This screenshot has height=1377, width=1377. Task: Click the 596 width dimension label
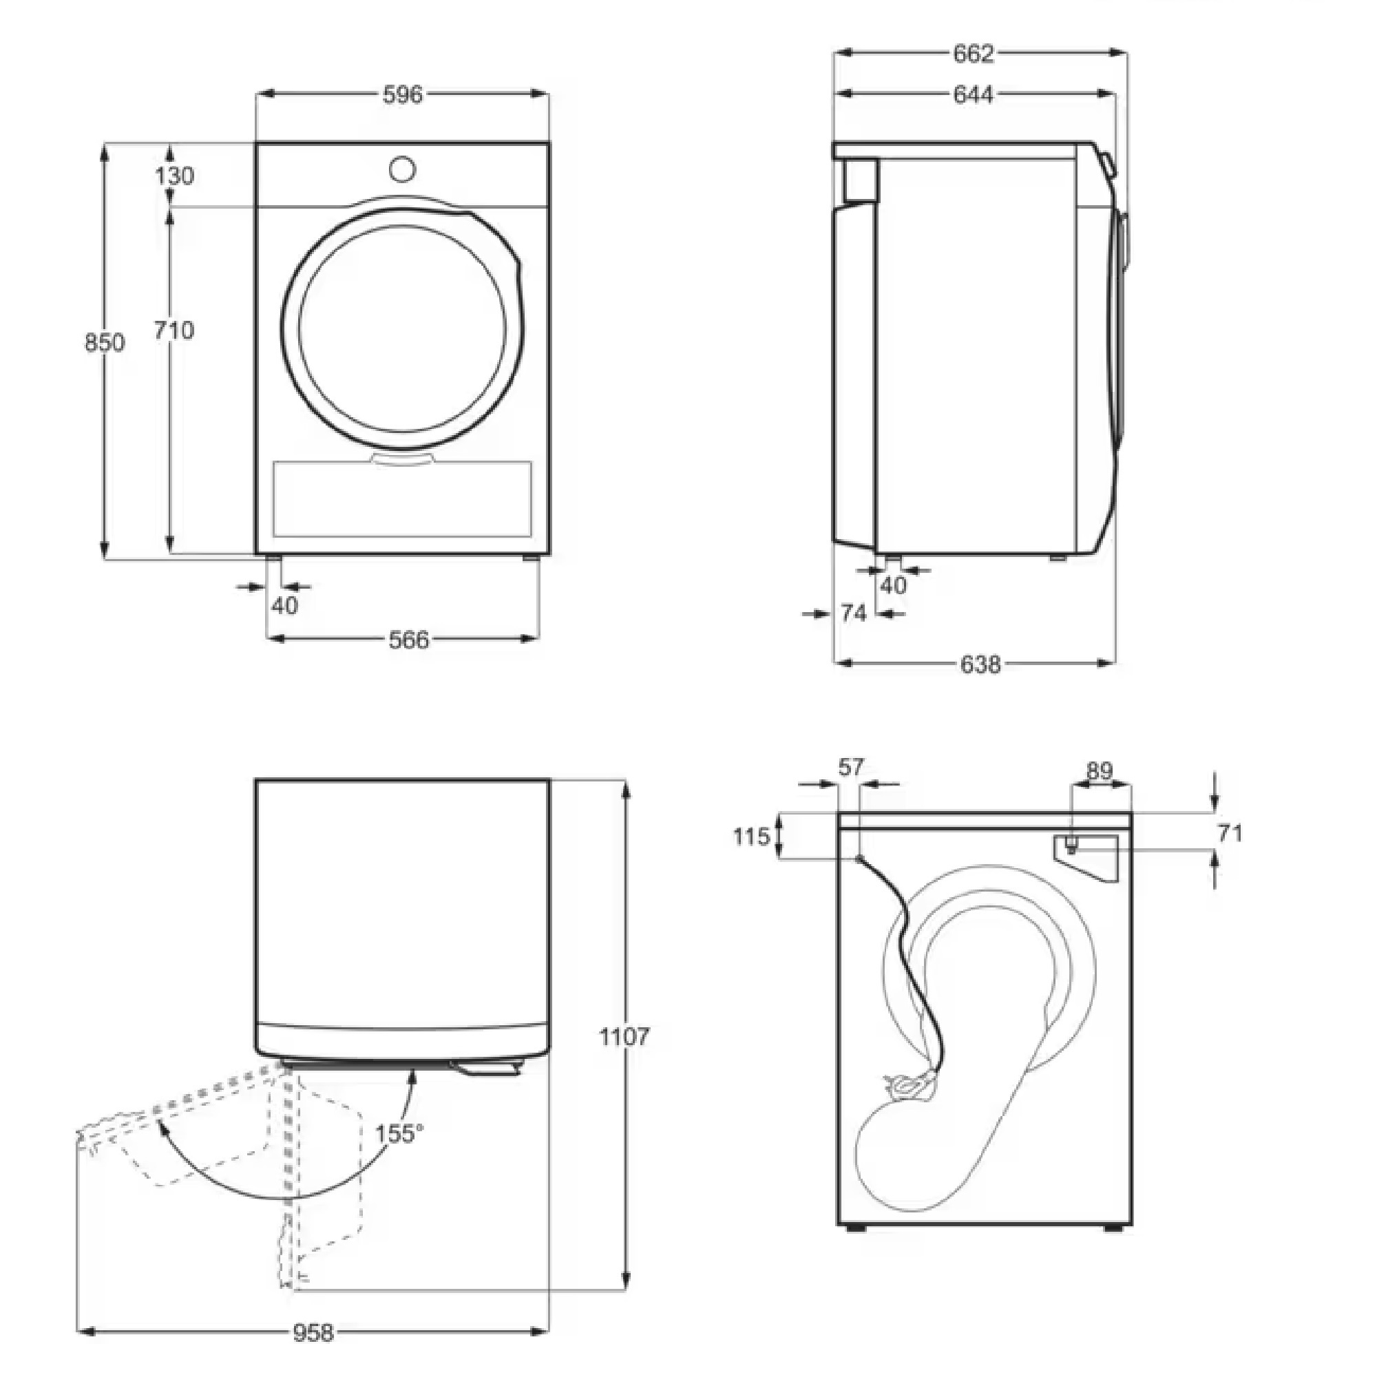pyautogui.click(x=403, y=94)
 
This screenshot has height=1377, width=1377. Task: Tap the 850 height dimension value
pyautogui.click(x=105, y=343)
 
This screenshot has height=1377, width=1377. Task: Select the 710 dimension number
pyautogui.click(x=174, y=330)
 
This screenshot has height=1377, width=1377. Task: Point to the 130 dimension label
pyautogui.click(x=175, y=176)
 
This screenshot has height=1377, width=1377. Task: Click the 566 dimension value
pyautogui.click(x=409, y=640)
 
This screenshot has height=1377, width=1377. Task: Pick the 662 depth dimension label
pyautogui.click(x=974, y=54)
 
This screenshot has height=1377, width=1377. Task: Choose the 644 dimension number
pyautogui.click(x=974, y=94)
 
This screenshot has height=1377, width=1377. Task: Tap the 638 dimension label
pyautogui.click(x=980, y=664)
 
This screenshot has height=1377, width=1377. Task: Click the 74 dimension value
pyautogui.click(x=853, y=613)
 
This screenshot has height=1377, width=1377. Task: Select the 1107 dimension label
pyautogui.click(x=624, y=1036)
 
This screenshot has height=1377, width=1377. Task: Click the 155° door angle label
pyautogui.click(x=399, y=1133)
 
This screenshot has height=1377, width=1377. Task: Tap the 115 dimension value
pyautogui.click(x=752, y=836)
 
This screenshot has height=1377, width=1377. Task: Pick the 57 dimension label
pyautogui.click(x=851, y=767)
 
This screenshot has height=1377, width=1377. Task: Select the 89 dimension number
pyautogui.click(x=1099, y=770)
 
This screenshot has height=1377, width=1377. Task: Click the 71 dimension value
pyautogui.click(x=1230, y=832)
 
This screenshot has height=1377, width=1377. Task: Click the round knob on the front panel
pyautogui.click(x=403, y=169)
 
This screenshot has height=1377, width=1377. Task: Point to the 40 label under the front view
pyautogui.click(x=284, y=605)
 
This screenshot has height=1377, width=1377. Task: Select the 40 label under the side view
pyautogui.click(x=893, y=585)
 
